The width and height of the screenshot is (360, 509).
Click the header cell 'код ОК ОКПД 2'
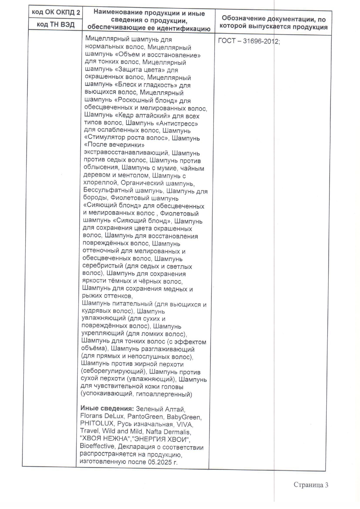coord(56,12)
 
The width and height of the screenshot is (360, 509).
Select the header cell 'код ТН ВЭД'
coord(56,24)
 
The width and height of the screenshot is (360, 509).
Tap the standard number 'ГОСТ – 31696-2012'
coord(248,41)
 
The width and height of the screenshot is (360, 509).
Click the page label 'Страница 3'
coord(311,485)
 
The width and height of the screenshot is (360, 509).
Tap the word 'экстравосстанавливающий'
coord(126,153)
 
